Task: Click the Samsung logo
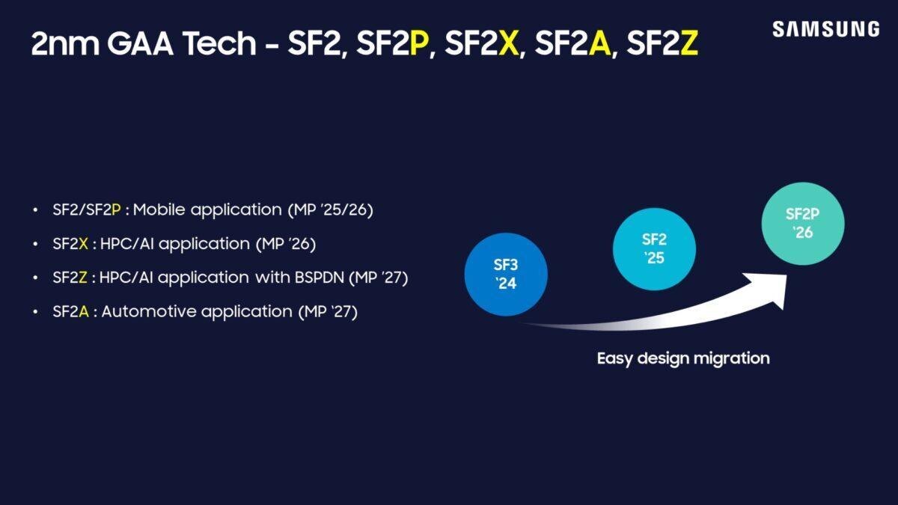[x=825, y=29]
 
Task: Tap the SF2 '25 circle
[x=654, y=248]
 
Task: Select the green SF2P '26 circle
[x=803, y=222]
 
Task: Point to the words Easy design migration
[x=682, y=358]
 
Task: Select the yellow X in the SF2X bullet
[x=84, y=244]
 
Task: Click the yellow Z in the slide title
[x=689, y=45]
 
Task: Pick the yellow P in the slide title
[x=420, y=45]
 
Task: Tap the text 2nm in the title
[x=58, y=45]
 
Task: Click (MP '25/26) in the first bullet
[x=330, y=210]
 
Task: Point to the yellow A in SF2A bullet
[x=84, y=311]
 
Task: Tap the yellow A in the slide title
[x=599, y=45]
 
